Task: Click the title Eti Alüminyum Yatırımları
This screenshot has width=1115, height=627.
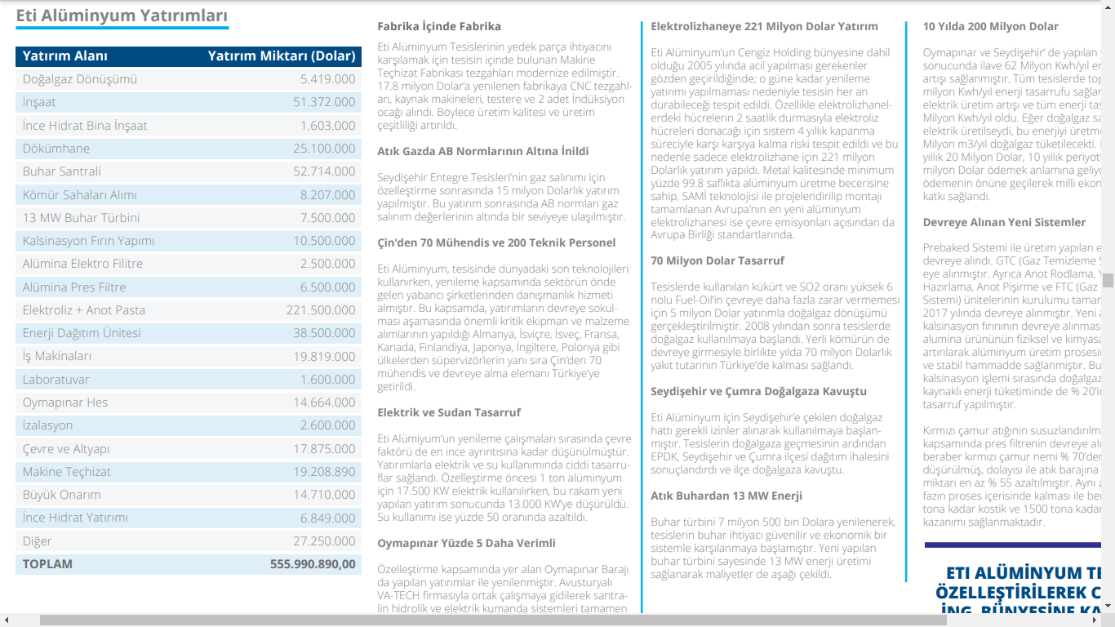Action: pos(122,16)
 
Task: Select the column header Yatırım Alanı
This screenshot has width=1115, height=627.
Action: pos(65,56)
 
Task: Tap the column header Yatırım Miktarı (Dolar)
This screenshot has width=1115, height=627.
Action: pos(282,56)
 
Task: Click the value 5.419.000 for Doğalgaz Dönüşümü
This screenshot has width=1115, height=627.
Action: pos(327,79)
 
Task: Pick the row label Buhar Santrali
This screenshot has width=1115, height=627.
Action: pos(62,171)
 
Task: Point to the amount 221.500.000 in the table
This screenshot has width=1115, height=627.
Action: pos(321,310)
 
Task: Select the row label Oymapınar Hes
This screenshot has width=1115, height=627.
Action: pos(65,402)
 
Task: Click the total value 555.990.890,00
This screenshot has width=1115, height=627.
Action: pos(313,564)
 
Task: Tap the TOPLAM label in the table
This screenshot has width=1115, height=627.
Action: pos(47,564)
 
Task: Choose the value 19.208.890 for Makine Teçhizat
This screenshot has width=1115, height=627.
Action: pos(324,472)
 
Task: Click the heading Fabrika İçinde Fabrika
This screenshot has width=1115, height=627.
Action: pos(439,26)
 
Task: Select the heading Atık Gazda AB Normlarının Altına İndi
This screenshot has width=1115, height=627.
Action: pos(482,151)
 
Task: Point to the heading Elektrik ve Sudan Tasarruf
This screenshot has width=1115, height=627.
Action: pos(449,412)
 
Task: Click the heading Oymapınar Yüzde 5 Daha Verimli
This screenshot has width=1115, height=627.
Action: pos(466,543)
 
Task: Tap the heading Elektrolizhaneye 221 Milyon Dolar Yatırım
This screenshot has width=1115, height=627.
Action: pos(764,26)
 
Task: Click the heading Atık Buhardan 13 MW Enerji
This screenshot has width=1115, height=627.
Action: pos(726,496)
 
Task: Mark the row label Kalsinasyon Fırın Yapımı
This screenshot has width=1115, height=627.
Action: pos(88,241)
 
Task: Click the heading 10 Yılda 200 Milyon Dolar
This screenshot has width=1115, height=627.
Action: pos(990,26)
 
